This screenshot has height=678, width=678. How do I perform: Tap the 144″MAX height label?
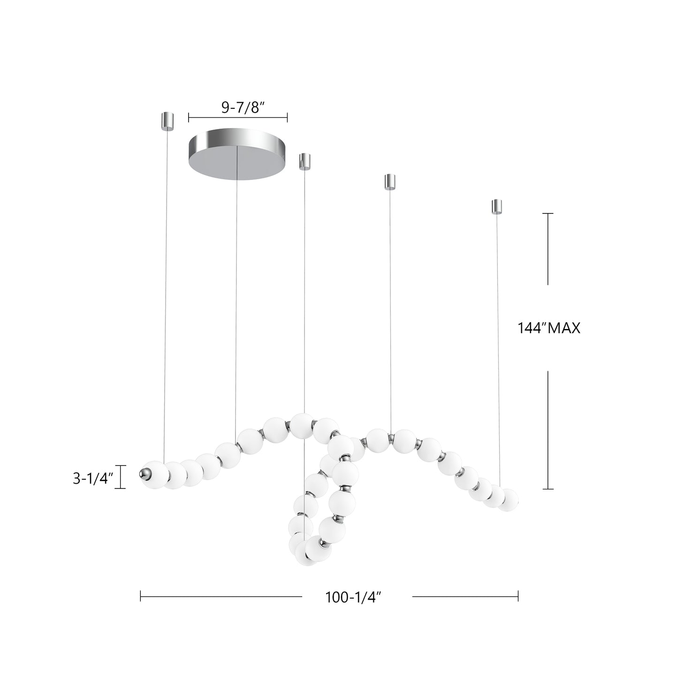click(x=548, y=328)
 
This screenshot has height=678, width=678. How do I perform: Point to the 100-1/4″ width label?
click(x=352, y=597)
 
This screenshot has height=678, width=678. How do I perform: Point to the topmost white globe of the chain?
click(x=302, y=425)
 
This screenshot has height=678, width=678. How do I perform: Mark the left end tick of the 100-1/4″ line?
click(x=141, y=596)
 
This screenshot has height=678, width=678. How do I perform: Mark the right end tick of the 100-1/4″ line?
click(x=518, y=596)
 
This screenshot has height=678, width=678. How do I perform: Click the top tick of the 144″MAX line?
click(x=548, y=213)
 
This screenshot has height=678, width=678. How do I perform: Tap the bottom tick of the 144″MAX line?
click(x=548, y=489)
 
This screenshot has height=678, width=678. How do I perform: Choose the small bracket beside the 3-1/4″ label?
click(x=122, y=477)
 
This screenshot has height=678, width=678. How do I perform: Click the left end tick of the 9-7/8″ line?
click(x=189, y=117)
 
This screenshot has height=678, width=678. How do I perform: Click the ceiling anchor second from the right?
click(x=390, y=182)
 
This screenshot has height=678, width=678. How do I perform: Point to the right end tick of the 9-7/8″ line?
click(x=287, y=117)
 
